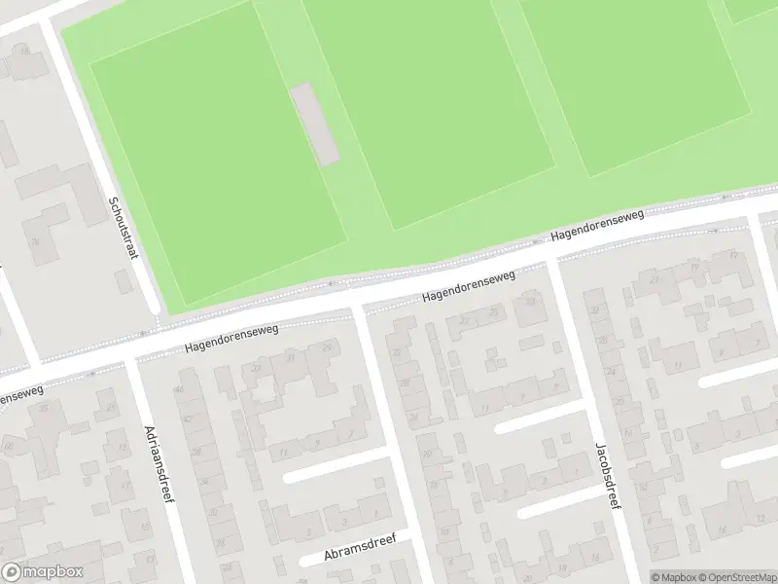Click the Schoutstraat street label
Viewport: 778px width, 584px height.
point(124,228)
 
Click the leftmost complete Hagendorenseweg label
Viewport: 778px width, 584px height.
point(231,338)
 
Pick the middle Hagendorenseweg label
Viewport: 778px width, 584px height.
point(468,285)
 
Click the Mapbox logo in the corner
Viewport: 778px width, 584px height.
point(42,572)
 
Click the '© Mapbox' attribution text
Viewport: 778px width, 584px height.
point(674,576)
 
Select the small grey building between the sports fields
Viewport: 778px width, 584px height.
point(315,124)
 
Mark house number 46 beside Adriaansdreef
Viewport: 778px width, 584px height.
point(178,390)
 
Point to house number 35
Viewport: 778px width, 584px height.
point(45,408)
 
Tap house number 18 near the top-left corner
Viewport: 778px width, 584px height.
point(25,50)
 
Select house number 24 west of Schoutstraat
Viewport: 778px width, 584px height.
point(33,241)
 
